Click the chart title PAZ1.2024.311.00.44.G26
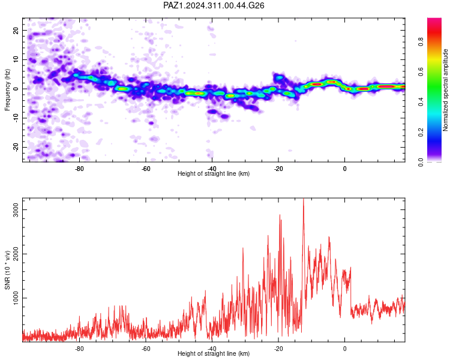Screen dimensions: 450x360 coord(214,5)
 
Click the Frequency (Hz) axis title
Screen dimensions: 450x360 coord(7,90)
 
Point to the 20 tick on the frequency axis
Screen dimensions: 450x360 coord(16,30)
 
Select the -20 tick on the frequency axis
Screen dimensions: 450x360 coord(16,146)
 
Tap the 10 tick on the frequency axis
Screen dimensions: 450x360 coord(16,59)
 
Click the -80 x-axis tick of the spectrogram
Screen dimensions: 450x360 coord(79,169)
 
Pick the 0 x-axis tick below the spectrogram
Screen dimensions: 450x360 coord(344,169)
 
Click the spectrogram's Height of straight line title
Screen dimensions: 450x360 coord(214,173)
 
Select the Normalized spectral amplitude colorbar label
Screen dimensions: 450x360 coord(445,90)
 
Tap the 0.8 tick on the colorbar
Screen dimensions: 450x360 coord(421,41)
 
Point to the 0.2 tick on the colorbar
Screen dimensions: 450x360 coord(421,133)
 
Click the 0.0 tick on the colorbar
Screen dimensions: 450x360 coord(421,162)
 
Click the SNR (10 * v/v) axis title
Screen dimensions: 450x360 coord(7,270)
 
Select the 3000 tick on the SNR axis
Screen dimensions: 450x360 coord(16,209)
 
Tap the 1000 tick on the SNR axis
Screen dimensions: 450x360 coord(16,298)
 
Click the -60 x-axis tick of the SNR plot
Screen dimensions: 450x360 coord(146,349)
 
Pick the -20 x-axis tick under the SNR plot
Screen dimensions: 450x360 coord(278,349)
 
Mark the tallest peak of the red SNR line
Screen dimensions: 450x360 coord(304,199)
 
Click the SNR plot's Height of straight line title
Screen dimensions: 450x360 coord(214,353)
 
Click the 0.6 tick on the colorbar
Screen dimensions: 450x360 coord(421,72)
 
